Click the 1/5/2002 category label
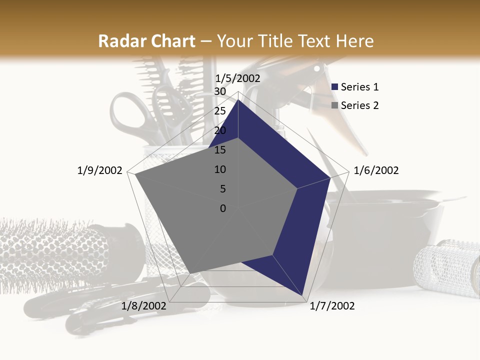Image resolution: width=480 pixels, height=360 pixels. (x=238, y=78)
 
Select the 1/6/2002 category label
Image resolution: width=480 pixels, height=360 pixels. (x=376, y=170)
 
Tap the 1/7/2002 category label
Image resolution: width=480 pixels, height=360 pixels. (x=332, y=306)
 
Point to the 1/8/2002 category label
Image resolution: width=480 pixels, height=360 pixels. (x=144, y=306)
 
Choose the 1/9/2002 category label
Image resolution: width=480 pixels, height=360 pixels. (x=99, y=170)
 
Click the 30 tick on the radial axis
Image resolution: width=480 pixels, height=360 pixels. (x=219, y=91)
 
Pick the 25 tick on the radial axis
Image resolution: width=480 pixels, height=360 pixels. (x=219, y=111)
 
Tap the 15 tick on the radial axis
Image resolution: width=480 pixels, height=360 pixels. (x=219, y=150)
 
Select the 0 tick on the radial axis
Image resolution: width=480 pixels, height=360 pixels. (x=223, y=208)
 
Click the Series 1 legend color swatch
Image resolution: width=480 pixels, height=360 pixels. (x=335, y=87)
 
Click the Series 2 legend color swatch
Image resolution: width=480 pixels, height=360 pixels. (x=335, y=105)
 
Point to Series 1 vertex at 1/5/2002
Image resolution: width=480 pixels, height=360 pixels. (x=238, y=99)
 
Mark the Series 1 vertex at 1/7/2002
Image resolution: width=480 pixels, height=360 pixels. (x=302, y=296)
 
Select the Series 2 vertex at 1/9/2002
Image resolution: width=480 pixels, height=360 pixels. (x=135, y=174)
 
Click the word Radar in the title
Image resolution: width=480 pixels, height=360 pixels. (x=121, y=41)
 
